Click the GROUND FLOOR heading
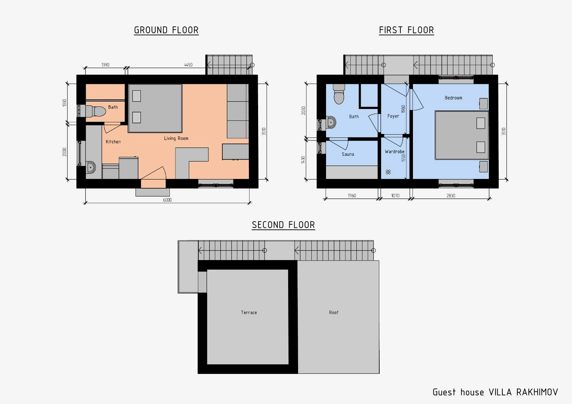tap(166, 30)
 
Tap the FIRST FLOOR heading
tap(406, 30)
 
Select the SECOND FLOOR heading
tap(283, 225)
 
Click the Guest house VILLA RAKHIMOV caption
tap(495, 392)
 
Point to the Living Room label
tap(176, 138)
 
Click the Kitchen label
tap(113, 142)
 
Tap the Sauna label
tap(348, 154)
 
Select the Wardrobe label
tap(395, 151)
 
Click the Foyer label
tap(393, 116)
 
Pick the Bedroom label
tap(453, 98)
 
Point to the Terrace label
tap(249, 313)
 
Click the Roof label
tap(334, 313)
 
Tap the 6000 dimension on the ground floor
tap(167, 200)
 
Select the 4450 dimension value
tap(188, 65)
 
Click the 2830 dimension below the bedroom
tap(451, 196)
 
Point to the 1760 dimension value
tap(352, 196)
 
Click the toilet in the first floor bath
tap(339, 94)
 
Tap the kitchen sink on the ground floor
tap(91, 168)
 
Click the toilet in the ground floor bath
tap(96, 111)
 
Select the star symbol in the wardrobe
tap(388, 172)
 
